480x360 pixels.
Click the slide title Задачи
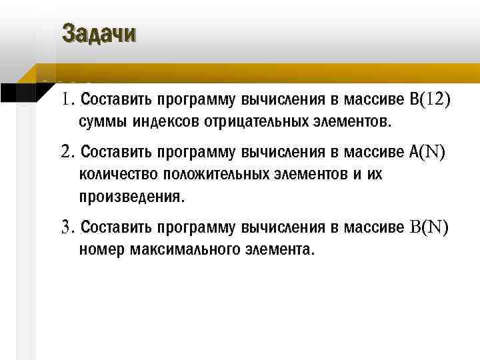[x=99, y=33]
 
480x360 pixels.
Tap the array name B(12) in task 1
[x=431, y=100]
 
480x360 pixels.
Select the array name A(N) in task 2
[x=427, y=153]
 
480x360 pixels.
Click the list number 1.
[x=67, y=101]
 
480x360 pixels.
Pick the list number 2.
[x=67, y=153]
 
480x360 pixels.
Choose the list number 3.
[x=67, y=228]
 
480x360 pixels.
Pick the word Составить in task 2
[x=115, y=153]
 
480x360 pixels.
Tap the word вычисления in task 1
[x=283, y=101]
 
